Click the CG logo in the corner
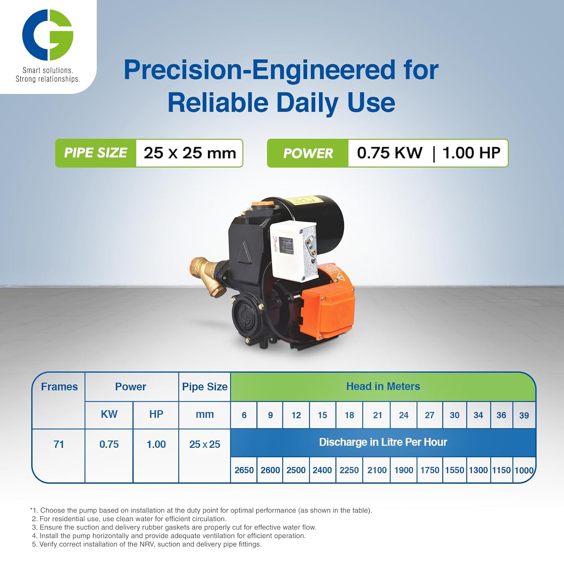pos(47,35)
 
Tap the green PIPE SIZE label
pos(96,153)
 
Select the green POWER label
pos(308,153)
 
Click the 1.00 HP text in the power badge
pos(471,153)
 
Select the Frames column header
pos(59,387)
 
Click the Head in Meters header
pos(383,387)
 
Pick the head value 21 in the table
pos(377,415)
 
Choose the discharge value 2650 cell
pos(244,470)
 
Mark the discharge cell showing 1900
pos(403,470)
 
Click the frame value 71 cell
pos(59,444)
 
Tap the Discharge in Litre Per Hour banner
pos(383,442)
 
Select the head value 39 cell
pos(524,415)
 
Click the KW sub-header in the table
pos(109,414)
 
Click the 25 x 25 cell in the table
pos(205,444)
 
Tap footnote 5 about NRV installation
pos(147,544)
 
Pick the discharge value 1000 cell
pos(524,470)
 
